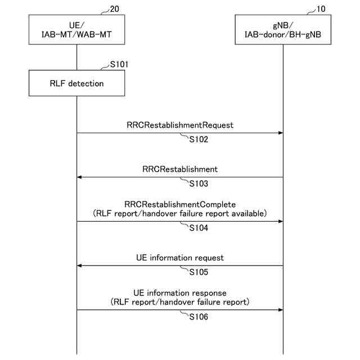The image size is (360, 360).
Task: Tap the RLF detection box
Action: (x=76, y=84)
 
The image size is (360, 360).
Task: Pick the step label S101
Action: (x=119, y=65)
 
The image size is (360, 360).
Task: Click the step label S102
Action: (x=199, y=140)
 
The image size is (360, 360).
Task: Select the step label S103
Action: (x=199, y=184)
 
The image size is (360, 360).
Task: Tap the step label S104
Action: (x=199, y=228)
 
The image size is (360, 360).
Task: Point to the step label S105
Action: (x=199, y=272)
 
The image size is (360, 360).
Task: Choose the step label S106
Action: (x=199, y=317)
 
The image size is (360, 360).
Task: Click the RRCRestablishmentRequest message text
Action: (x=180, y=124)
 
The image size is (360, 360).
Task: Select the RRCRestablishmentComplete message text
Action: (x=180, y=205)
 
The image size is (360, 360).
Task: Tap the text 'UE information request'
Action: (x=180, y=258)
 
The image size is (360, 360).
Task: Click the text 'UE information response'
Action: (x=180, y=293)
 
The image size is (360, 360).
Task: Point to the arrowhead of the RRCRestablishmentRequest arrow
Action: (x=280, y=133)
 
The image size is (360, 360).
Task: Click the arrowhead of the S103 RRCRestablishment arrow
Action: (x=80, y=177)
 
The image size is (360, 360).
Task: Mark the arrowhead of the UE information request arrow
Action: (x=80, y=265)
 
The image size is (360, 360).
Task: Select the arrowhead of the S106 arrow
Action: (x=280, y=309)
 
